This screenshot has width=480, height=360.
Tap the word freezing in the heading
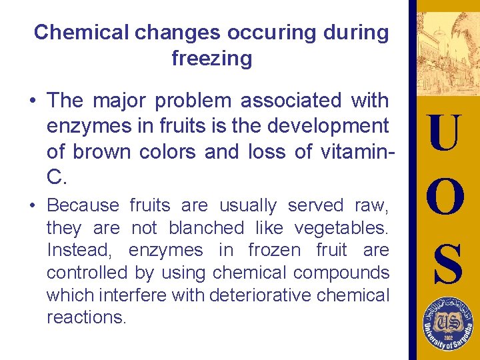point(211,59)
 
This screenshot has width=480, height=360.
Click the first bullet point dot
point(32,101)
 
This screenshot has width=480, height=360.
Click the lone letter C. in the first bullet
point(57,177)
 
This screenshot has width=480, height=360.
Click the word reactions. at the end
point(86,317)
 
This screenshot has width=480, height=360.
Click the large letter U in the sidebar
point(443,133)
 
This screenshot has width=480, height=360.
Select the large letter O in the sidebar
point(443,197)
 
